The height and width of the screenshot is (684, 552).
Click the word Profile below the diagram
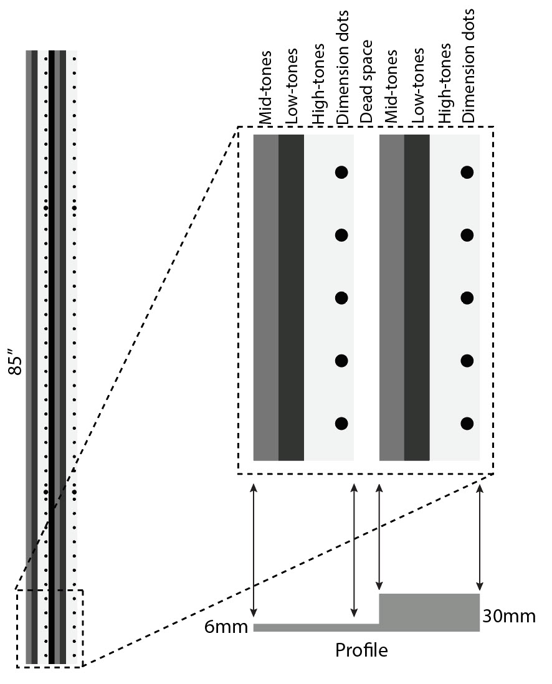pyautogui.click(x=361, y=650)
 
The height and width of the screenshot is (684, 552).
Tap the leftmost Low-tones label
pyautogui.click(x=291, y=85)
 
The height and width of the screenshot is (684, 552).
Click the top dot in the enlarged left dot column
pyautogui.click(x=341, y=172)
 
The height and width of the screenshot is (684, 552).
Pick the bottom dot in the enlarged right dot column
pyautogui.click(x=467, y=424)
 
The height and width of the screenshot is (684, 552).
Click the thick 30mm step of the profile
pyautogui.click(x=429, y=612)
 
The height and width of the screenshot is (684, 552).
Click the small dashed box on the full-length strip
pyautogui.click(x=50, y=629)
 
